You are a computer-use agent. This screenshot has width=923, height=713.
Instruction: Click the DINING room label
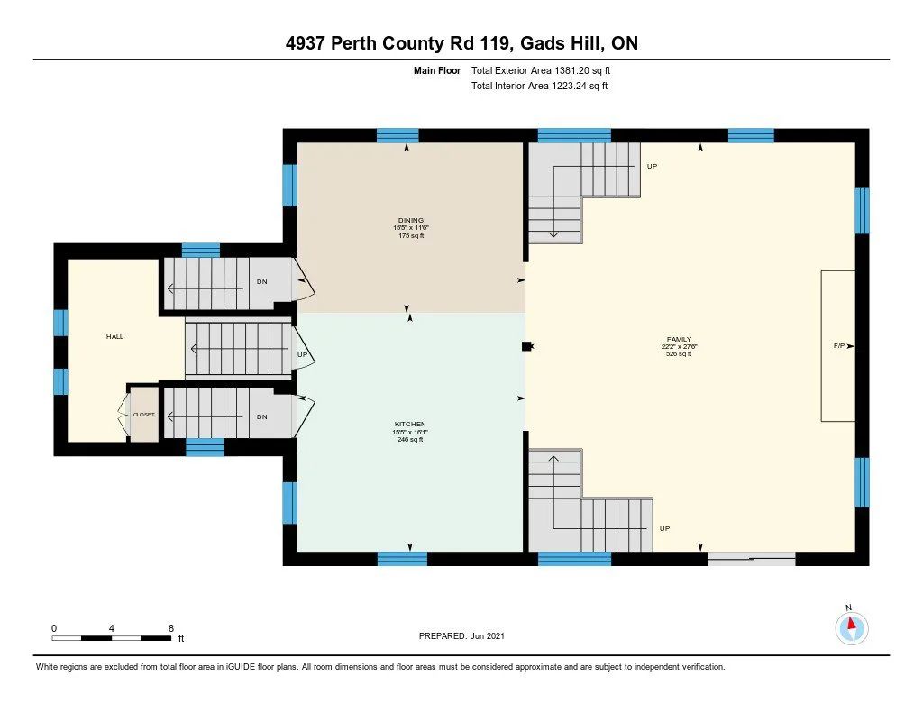click(x=410, y=220)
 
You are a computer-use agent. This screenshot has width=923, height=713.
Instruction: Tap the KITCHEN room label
click(x=410, y=424)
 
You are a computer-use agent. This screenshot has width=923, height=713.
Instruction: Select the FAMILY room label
click(x=679, y=339)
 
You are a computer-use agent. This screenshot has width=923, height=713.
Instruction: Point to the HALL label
click(x=114, y=337)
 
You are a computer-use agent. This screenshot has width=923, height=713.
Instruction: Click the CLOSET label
click(x=143, y=415)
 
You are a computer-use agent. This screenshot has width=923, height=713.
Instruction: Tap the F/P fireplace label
click(x=839, y=346)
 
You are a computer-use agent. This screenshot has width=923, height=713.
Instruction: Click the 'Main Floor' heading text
click(x=437, y=70)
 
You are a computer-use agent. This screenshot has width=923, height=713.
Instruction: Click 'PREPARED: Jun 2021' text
click(x=461, y=635)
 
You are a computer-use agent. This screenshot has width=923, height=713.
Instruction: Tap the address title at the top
click(x=461, y=43)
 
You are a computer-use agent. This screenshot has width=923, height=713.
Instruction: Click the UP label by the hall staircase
click(x=303, y=354)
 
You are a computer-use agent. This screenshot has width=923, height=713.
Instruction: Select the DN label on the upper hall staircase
click(x=262, y=282)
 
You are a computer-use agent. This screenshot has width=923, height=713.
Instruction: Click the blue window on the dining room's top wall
click(x=398, y=136)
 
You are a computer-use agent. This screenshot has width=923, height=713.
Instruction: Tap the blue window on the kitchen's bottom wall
click(x=402, y=559)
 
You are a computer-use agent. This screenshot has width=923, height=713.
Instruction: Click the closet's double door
click(x=123, y=415)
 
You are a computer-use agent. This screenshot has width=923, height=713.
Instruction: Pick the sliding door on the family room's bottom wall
click(x=752, y=559)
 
